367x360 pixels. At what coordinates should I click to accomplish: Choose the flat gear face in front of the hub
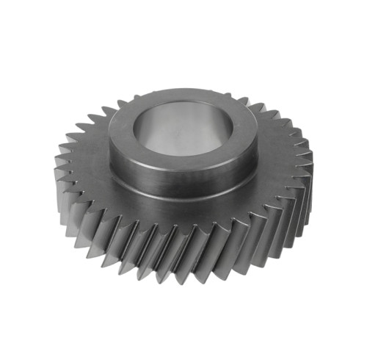click(183, 217)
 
